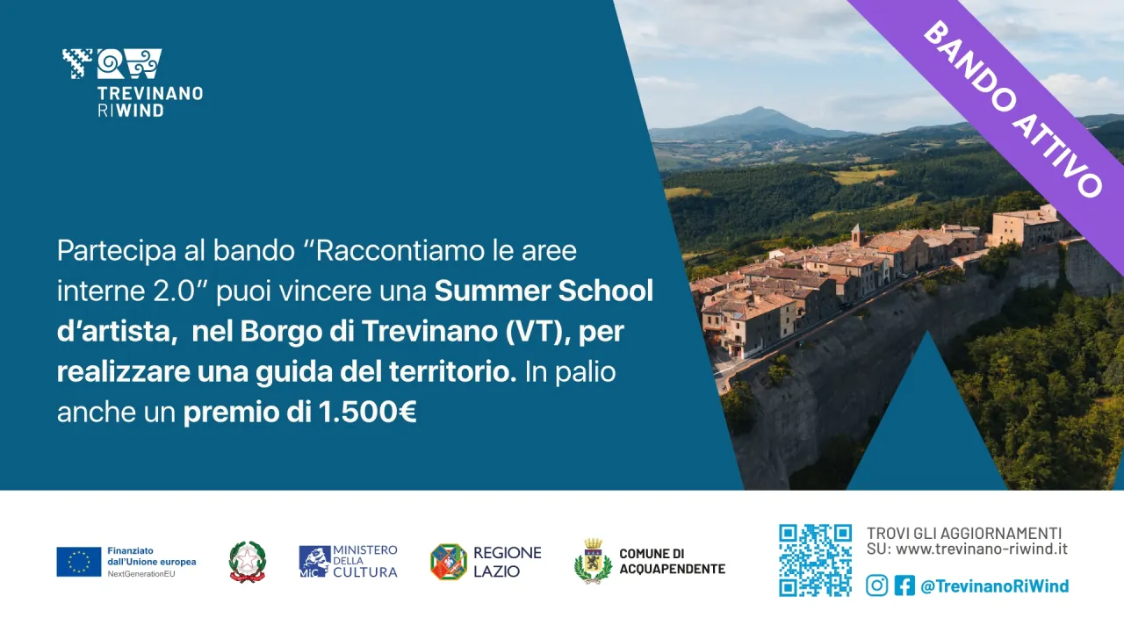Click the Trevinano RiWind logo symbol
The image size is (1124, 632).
(112, 63)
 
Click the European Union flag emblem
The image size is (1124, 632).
(79, 562)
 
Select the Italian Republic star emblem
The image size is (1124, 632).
(247, 561)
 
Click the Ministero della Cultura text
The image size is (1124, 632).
(364, 561)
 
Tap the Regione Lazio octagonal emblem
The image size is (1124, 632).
(448, 562)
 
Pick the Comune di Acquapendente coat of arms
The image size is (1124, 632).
(593, 562)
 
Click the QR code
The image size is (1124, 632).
(815, 560)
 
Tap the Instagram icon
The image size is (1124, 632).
(876, 585)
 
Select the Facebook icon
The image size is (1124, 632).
(904, 585)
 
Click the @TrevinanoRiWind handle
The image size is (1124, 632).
(994, 585)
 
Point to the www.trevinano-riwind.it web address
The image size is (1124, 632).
(982, 549)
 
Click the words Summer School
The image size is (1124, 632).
(544, 291)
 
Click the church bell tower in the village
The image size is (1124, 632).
(855, 234)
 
